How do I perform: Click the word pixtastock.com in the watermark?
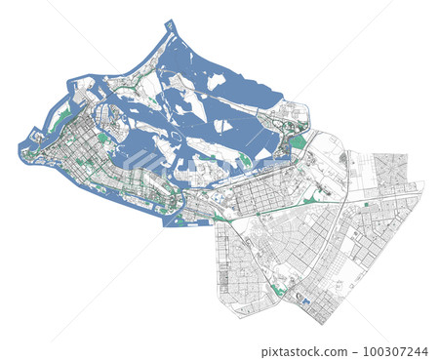(299, 351)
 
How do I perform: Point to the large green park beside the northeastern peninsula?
(298, 141)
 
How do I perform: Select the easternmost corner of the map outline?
(423, 182)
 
